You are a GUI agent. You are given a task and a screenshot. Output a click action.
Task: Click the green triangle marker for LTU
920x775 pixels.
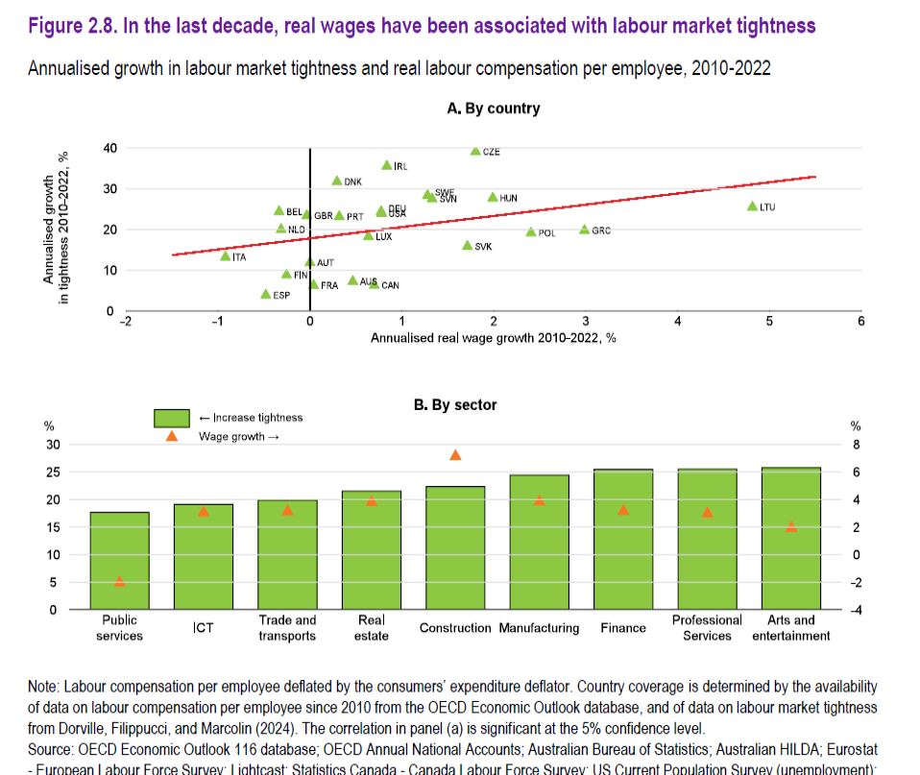752,206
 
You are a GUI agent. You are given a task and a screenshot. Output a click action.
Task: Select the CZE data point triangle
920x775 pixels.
475,152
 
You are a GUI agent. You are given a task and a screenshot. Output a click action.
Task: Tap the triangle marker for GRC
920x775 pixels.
584,230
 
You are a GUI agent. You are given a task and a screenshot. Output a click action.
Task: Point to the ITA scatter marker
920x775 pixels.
226,256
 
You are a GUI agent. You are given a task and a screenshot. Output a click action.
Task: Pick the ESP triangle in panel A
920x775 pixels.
266,294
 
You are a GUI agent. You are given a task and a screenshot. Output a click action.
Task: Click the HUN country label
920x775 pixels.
509,198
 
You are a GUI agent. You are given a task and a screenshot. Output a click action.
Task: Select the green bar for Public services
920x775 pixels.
120,561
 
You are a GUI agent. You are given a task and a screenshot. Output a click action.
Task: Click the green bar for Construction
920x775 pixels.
455,547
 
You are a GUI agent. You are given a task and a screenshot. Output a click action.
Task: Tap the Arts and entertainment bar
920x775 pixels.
791,538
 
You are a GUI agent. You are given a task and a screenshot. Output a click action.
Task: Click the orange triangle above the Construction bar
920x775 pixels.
455,455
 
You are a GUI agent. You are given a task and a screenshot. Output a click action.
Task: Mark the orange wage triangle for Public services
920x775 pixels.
120,581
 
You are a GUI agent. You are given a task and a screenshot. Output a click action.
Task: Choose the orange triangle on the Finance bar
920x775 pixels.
623,510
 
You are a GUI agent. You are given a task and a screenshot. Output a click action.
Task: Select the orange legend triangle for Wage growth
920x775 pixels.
172,436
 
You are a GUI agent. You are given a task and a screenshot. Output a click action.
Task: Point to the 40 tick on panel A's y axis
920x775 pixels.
110,148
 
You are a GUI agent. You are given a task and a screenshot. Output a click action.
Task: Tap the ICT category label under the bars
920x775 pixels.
204,628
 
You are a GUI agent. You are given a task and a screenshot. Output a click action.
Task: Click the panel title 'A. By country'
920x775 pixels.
494,109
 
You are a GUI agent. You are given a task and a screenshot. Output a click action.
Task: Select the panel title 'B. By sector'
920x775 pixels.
455,405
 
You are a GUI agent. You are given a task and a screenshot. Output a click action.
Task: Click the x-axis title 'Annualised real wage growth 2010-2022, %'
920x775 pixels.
493,338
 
